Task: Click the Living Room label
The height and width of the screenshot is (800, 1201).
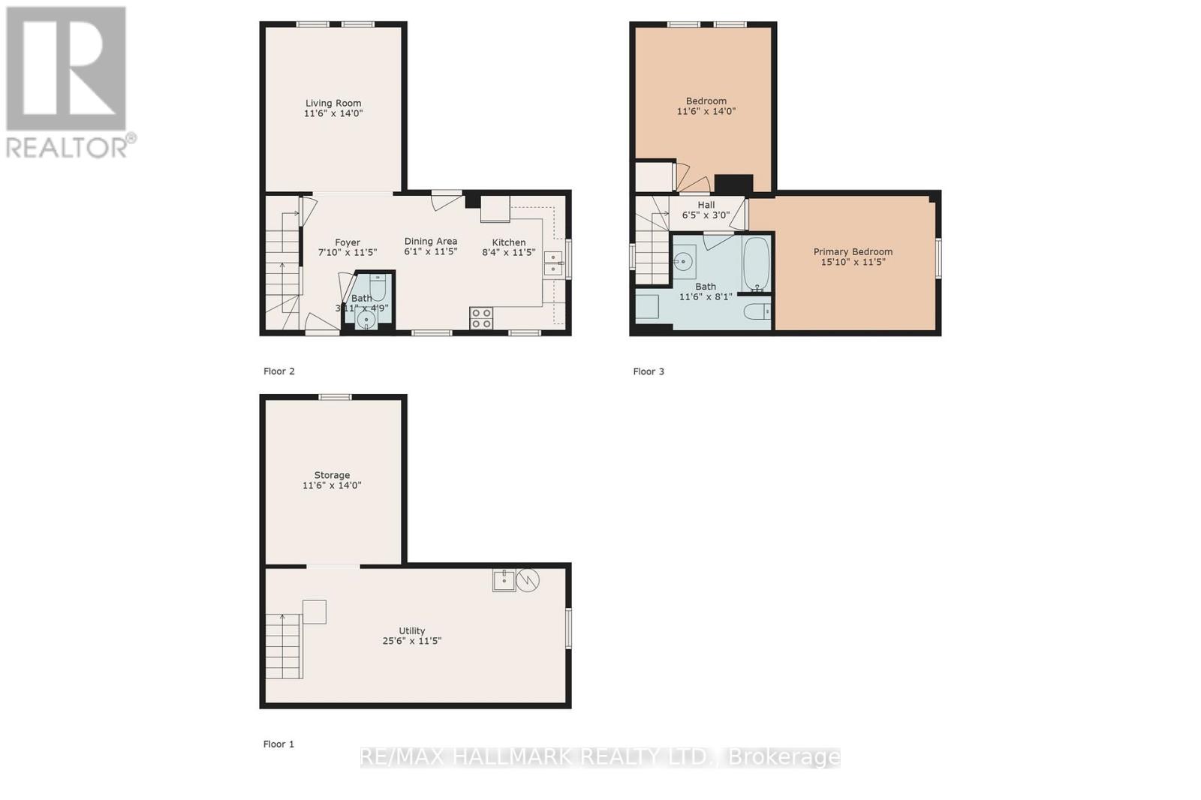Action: (333, 104)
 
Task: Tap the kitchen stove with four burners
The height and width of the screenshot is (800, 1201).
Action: (481, 318)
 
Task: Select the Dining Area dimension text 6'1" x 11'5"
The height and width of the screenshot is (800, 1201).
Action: (430, 252)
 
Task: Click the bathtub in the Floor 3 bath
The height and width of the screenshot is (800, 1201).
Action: (756, 264)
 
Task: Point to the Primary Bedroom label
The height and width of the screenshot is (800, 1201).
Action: (853, 252)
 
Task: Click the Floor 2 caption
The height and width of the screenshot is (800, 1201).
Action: (279, 371)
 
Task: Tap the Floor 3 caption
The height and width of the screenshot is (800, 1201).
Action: (649, 371)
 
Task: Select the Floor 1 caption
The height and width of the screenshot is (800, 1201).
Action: (278, 744)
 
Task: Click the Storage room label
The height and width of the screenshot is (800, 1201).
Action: (332, 475)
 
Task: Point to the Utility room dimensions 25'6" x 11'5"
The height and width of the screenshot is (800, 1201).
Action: (411, 642)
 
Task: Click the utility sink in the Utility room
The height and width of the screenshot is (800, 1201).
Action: (504, 580)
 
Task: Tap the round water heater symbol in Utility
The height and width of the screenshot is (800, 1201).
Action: (528, 579)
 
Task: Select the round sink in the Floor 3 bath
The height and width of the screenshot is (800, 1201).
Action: (683, 262)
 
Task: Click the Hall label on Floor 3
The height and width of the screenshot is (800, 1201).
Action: (706, 205)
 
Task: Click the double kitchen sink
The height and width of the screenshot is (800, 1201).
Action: (553, 263)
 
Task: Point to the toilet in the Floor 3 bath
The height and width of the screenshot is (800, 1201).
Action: (757, 311)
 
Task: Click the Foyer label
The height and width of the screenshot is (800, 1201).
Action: (348, 242)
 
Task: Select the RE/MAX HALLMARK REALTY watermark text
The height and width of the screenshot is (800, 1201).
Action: (600, 757)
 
